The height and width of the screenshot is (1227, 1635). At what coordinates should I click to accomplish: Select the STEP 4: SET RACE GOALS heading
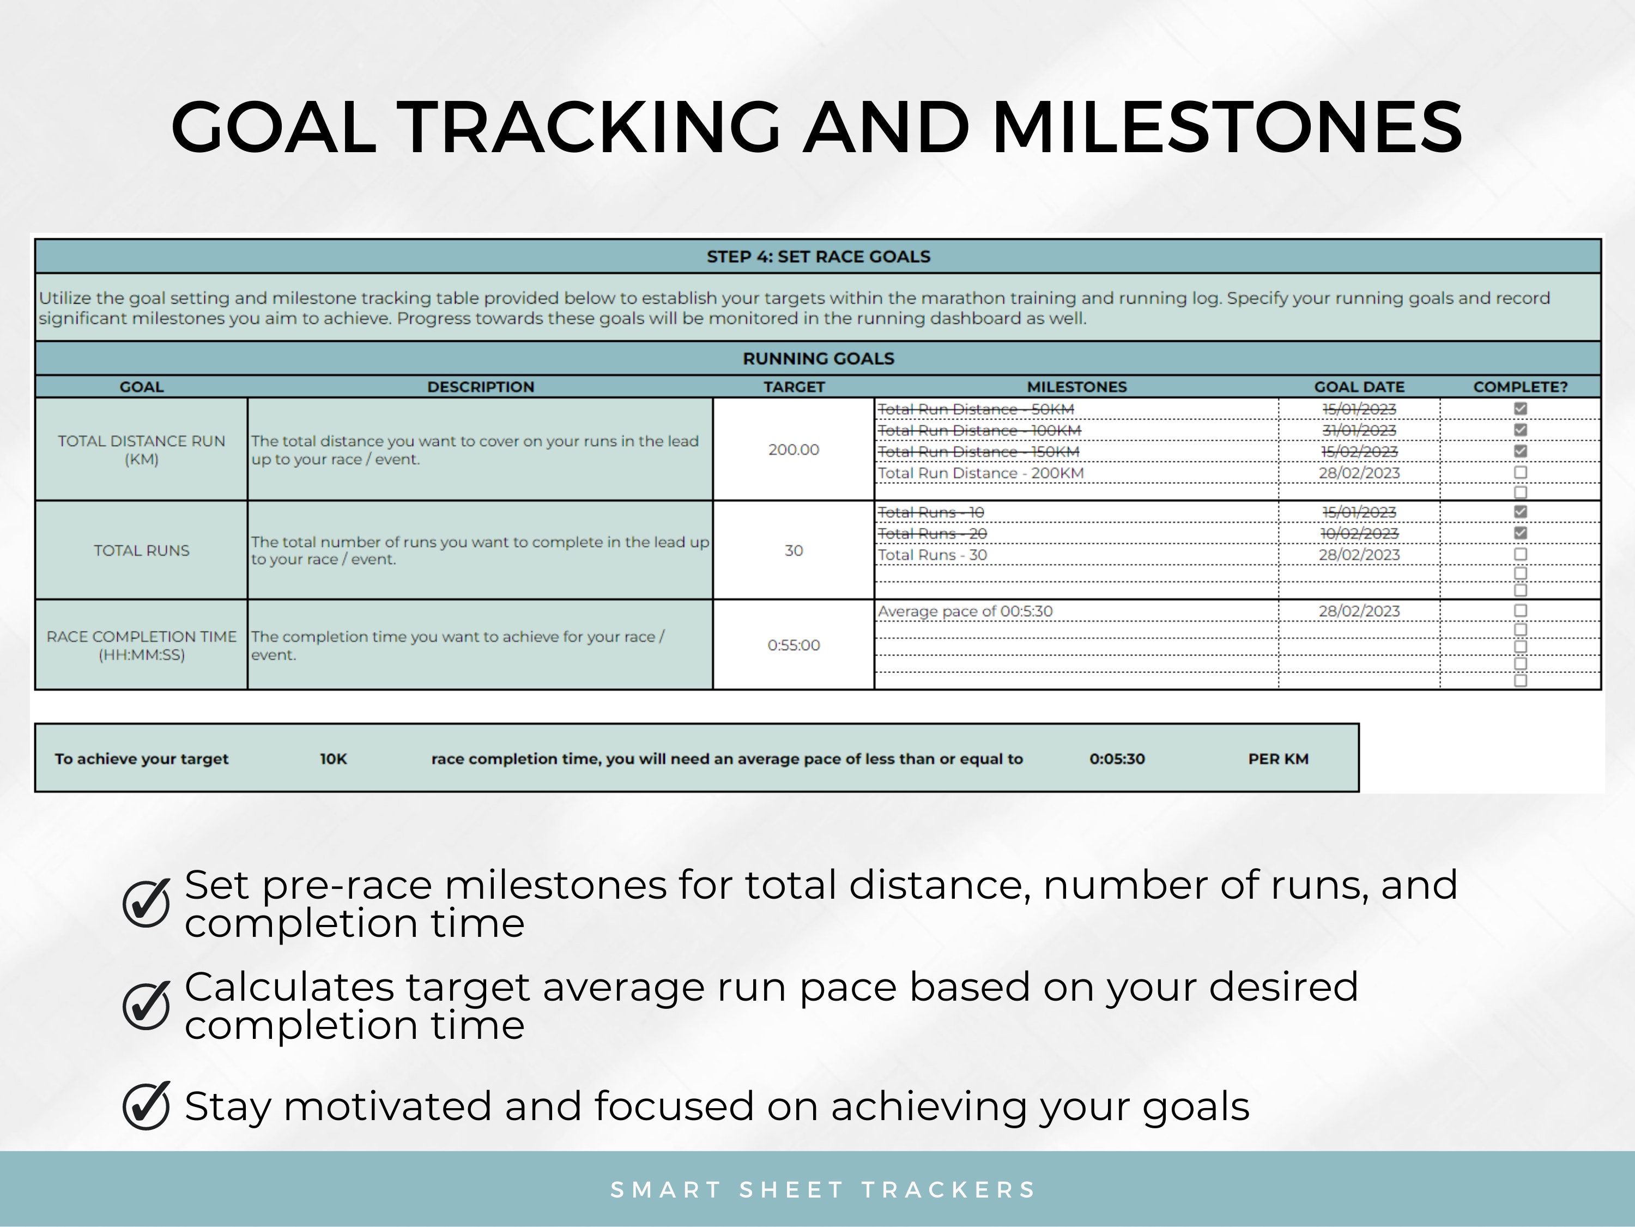[x=818, y=257]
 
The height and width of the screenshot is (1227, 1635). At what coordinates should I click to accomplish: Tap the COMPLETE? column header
[x=1519, y=387]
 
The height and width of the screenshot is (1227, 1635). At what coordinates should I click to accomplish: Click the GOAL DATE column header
[x=1359, y=387]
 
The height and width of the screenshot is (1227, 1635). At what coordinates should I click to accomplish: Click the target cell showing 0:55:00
[x=793, y=645]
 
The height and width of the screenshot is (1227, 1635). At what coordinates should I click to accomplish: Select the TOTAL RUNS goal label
[x=141, y=550]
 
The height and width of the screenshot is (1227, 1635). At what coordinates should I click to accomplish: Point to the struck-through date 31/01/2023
[x=1359, y=430]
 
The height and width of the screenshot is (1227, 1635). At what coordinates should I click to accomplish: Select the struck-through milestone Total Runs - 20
[x=932, y=533]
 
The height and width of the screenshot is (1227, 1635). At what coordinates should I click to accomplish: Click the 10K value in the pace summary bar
[x=334, y=759]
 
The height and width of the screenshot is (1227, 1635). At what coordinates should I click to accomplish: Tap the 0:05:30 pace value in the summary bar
[x=1117, y=759]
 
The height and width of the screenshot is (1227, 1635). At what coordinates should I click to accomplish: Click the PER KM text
[x=1278, y=759]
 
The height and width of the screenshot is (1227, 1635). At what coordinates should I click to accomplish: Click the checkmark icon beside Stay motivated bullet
[x=147, y=1106]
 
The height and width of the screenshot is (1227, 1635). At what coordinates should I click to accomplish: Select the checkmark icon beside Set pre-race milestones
[x=147, y=903]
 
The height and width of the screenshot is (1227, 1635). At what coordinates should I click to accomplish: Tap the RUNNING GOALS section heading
[x=818, y=359]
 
